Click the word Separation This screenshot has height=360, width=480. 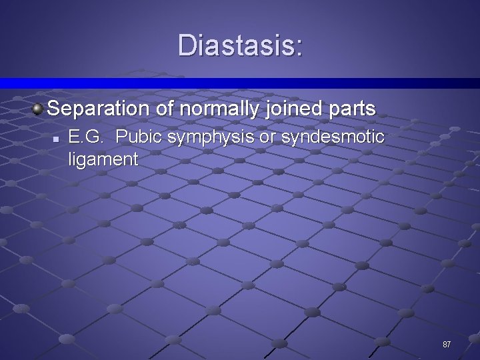click(100, 108)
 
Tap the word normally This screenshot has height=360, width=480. click(221, 108)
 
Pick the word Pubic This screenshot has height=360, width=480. click(139, 137)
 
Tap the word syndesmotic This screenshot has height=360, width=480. click(333, 137)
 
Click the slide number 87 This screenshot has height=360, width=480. click(447, 345)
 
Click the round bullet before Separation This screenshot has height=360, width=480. click(38, 108)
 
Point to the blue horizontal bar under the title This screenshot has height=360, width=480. click(240, 83)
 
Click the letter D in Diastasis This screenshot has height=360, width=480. click(187, 46)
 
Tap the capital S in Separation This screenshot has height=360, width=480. click(55, 108)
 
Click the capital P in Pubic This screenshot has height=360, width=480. click(121, 137)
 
